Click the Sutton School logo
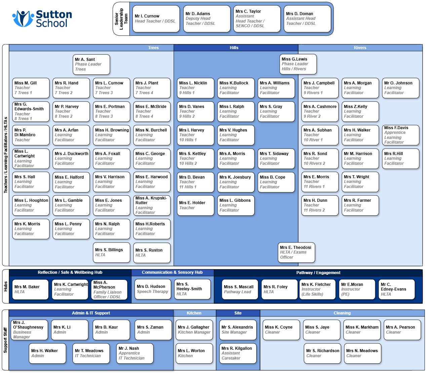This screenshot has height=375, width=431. click(42, 18)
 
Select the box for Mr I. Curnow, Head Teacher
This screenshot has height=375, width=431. click(156, 19)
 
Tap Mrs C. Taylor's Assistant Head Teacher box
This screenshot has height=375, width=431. click(257, 19)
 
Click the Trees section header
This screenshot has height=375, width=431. click(153, 48)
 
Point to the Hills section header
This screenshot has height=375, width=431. click(234, 48)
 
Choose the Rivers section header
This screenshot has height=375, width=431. click(360, 48)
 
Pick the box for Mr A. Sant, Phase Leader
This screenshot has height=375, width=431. click(91, 65)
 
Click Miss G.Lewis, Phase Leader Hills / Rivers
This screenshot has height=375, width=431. click(298, 64)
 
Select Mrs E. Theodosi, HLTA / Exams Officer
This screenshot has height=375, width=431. click(296, 252)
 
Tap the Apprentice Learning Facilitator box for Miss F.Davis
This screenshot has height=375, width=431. click(400, 135)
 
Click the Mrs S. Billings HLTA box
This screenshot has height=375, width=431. click(111, 253)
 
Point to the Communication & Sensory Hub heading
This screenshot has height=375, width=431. click(172, 272)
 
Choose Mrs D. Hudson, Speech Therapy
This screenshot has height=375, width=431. click(153, 289)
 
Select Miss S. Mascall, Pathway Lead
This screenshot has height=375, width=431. click(240, 289)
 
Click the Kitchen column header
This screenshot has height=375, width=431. click(194, 313)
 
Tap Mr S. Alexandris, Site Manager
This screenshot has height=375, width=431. click(238, 330)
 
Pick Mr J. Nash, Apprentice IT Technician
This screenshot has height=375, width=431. click(135, 353)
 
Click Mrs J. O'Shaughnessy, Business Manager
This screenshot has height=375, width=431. click(29, 330)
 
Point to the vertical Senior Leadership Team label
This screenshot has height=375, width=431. click(121, 19)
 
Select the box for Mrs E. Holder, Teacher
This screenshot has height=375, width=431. click(195, 205)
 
